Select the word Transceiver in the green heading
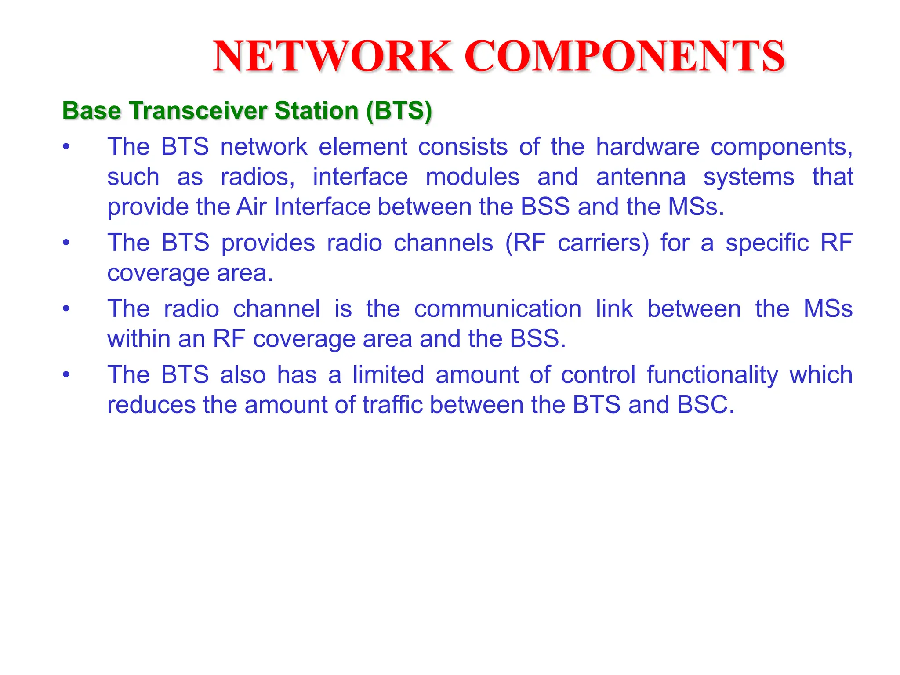tap(198, 110)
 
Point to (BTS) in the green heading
tap(399, 110)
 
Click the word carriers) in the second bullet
tap(603, 243)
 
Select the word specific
tap(767, 243)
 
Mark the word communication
tap(497, 308)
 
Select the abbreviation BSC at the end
tap(704, 405)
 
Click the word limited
tap(388, 374)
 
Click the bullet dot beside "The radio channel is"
tap(66, 308)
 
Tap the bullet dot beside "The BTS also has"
tap(66, 375)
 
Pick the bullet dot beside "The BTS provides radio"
tap(66, 243)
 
